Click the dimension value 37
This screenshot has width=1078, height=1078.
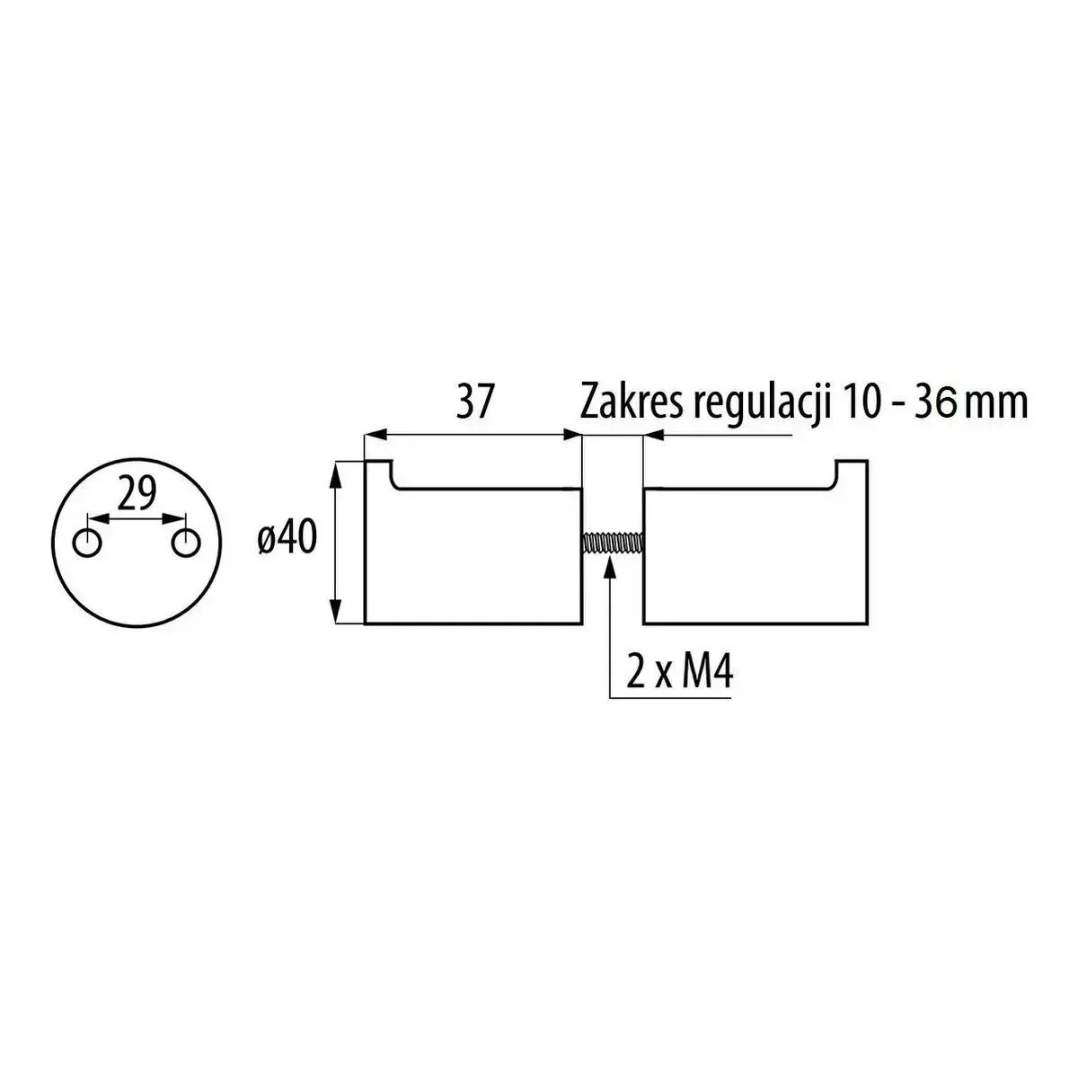click(474, 403)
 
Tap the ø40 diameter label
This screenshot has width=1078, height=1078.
click(287, 539)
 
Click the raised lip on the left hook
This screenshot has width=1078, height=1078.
click(378, 473)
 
